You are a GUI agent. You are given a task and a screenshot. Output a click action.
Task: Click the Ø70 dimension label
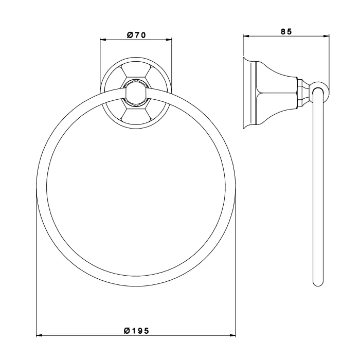136,35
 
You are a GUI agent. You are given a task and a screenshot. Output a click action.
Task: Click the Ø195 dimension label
136,331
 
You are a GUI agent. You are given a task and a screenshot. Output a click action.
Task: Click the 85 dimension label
286,31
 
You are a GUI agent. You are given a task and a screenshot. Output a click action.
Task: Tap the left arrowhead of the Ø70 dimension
103,40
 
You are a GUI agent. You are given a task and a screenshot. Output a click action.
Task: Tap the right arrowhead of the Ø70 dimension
169,40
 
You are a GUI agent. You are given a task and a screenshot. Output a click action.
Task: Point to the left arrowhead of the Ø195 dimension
39,335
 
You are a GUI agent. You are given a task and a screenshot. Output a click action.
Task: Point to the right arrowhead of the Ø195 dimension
232,335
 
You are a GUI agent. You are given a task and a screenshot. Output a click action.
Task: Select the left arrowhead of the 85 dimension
246,35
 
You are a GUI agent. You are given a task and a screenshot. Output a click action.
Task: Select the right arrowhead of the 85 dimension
326,35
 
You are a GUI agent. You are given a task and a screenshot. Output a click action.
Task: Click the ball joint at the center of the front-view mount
136,93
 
